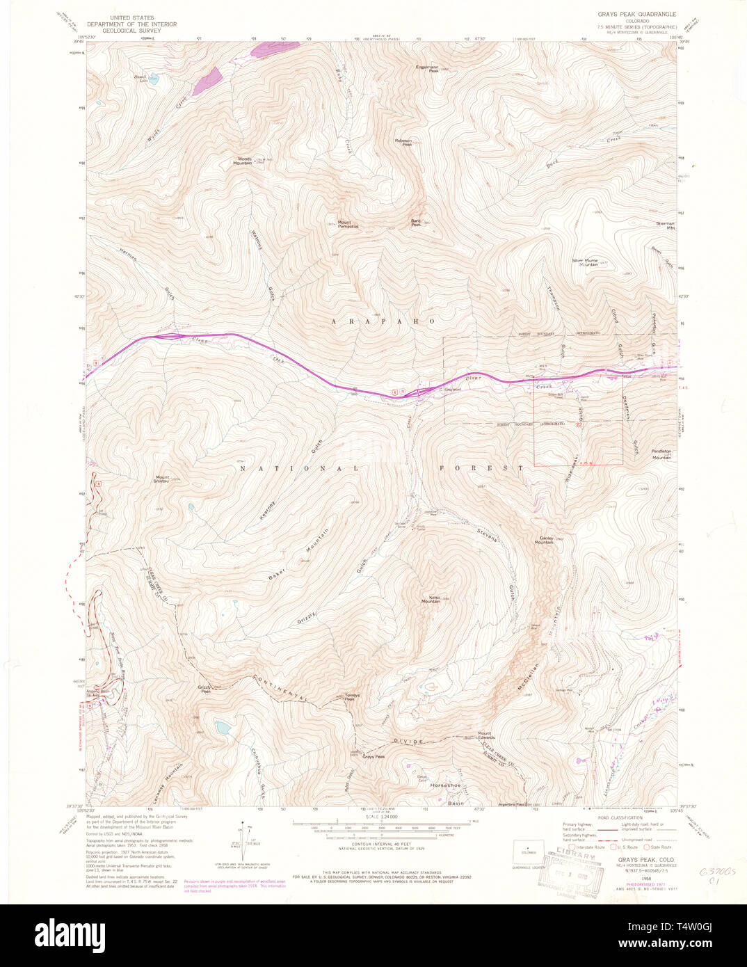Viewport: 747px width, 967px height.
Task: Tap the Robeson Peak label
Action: click(403, 143)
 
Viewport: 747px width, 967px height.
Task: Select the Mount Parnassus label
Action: click(348, 224)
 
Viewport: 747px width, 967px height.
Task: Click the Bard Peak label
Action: click(416, 223)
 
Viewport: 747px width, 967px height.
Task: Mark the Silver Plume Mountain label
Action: click(585, 262)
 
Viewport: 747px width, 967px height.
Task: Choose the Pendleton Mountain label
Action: click(661, 454)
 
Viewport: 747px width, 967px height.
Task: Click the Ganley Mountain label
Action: click(544, 540)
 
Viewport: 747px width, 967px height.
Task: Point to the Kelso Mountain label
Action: click(431, 599)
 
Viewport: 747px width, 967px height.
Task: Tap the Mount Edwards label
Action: click(485, 735)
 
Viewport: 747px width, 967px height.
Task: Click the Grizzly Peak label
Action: click(204, 690)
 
